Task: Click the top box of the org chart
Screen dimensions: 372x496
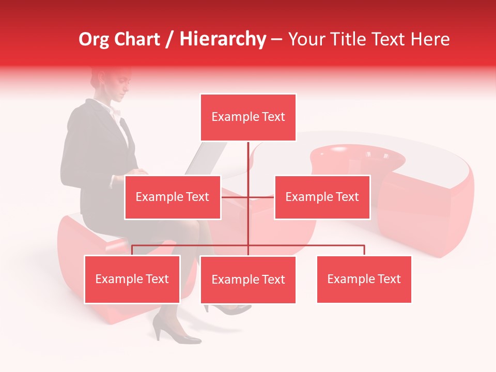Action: click(248, 117)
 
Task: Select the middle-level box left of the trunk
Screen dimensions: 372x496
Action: click(173, 197)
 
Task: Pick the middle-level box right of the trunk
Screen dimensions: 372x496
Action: click(322, 197)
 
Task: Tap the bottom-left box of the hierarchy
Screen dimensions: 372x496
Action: click(132, 279)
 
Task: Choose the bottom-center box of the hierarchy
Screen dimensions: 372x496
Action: click(248, 280)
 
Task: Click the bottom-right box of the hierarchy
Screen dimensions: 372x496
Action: click(364, 279)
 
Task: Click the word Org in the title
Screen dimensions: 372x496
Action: click(94, 39)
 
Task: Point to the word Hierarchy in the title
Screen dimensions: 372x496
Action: click(223, 39)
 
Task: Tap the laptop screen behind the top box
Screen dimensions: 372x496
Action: click(207, 158)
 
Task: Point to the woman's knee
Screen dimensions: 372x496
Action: click(199, 227)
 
